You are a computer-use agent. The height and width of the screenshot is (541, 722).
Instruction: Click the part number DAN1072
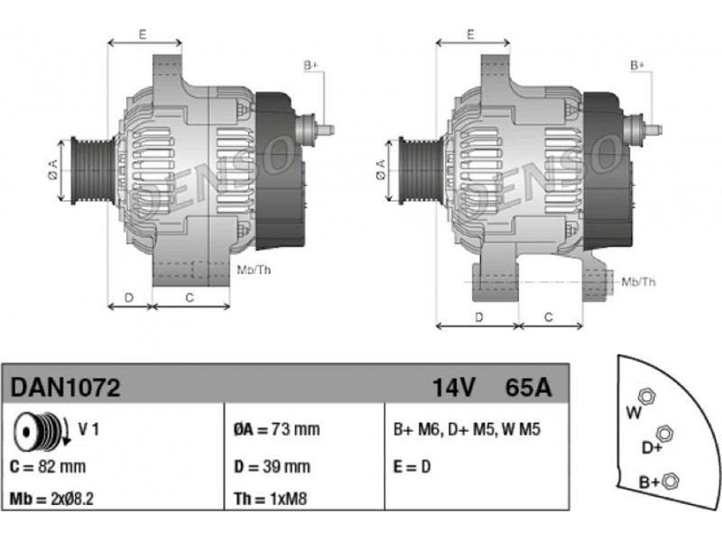(65, 388)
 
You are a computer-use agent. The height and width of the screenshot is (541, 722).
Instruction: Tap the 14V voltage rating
(453, 388)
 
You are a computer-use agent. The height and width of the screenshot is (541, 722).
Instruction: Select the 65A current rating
(528, 388)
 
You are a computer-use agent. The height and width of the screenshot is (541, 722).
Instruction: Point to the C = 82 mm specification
(48, 466)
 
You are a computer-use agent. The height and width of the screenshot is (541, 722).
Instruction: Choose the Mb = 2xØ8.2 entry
(51, 499)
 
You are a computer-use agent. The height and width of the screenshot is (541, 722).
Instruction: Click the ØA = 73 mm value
(276, 430)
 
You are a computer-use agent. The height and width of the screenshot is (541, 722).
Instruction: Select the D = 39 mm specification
(272, 466)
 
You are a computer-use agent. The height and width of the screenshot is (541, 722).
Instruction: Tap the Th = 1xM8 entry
(270, 499)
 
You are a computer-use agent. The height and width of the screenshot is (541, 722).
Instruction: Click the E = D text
(412, 467)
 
